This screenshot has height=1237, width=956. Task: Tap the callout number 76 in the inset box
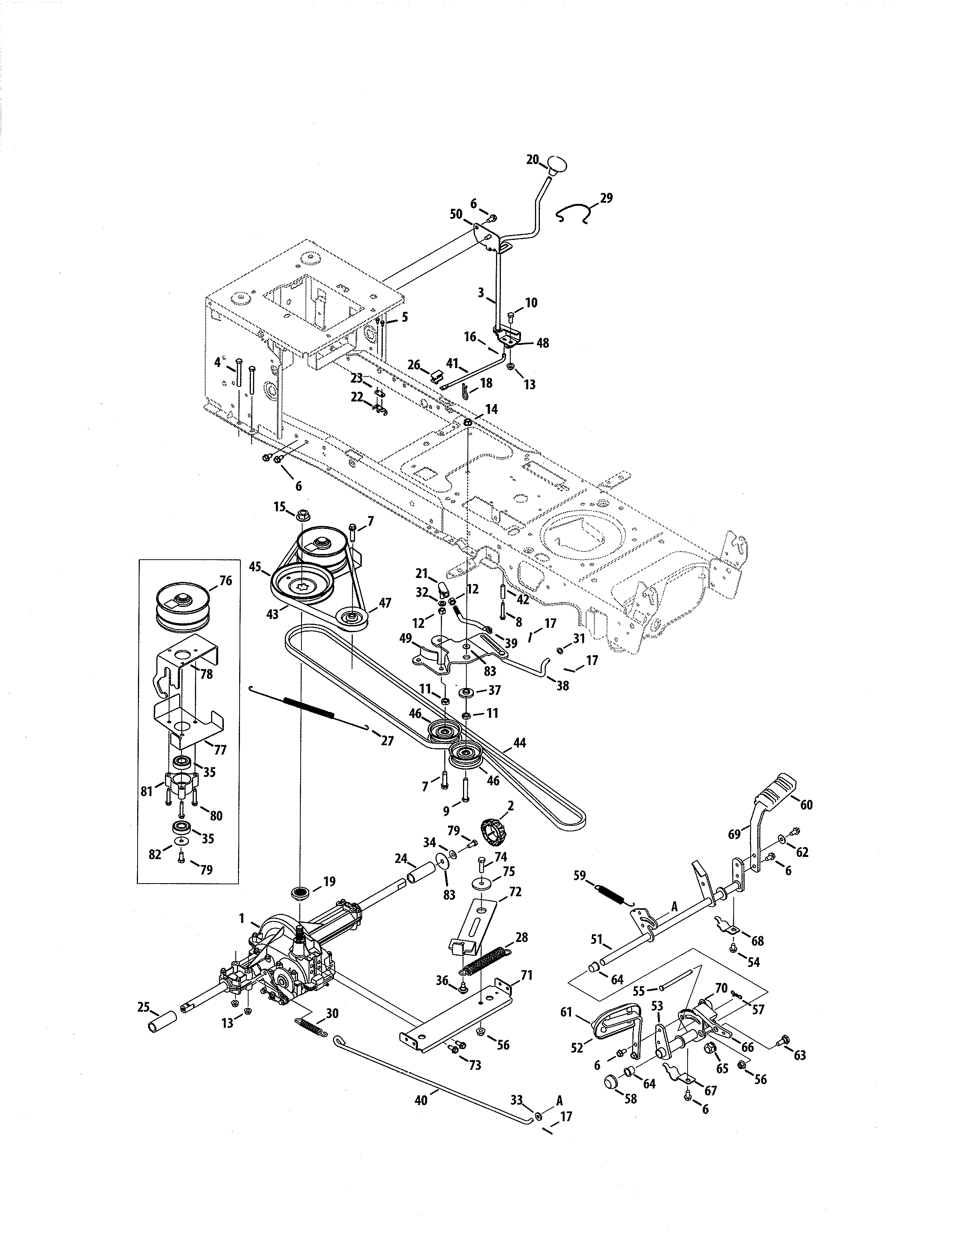point(225,581)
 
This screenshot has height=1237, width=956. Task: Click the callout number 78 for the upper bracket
point(206,674)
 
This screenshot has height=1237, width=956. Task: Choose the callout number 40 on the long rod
point(420,1099)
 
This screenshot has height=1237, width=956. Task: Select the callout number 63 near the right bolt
point(799,1055)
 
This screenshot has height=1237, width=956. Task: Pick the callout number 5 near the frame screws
point(405,317)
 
